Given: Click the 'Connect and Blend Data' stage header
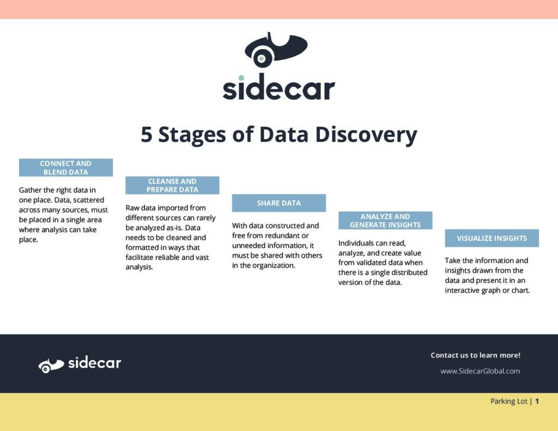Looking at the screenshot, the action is coord(66,168).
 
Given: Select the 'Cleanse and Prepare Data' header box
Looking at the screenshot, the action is coord(172,185).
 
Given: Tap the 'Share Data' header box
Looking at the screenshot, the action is coord(279,203).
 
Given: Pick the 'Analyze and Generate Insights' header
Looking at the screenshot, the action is coord(385,221).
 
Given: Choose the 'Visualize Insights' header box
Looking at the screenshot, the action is coord(492,238).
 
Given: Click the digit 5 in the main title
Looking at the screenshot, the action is coord(147,135).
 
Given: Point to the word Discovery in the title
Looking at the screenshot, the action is coord(366,135).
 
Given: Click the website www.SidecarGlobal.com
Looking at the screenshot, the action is coord(480,371).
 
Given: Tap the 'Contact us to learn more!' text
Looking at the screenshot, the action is coord(475,355).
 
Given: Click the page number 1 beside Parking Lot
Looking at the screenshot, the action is coord(537,401).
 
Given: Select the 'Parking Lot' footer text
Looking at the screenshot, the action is coord(509,402).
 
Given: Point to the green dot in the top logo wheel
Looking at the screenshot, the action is coord(261,58).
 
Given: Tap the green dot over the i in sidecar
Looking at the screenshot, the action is coord(241,78).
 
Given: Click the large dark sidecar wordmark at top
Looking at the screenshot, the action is coord(278,88).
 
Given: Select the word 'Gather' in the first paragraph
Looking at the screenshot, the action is coord(31,190).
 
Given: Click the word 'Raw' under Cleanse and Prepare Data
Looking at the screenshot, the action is coord(132,208).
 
